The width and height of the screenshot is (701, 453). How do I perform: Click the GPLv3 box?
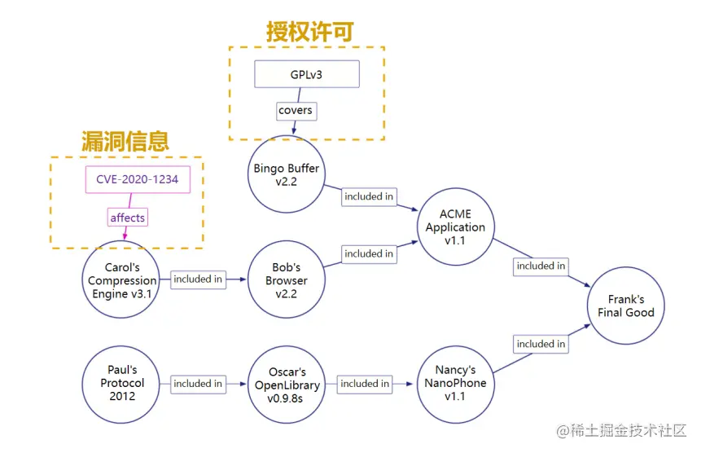(x=306, y=75)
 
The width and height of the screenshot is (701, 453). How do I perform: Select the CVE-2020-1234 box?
(x=138, y=179)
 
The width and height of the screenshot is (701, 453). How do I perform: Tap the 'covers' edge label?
(x=295, y=110)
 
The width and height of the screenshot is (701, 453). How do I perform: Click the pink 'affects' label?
(x=128, y=218)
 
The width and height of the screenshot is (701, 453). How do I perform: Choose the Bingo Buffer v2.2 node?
(x=286, y=175)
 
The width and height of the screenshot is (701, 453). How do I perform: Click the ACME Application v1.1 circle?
(x=455, y=227)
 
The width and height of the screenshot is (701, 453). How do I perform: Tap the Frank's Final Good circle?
(x=625, y=306)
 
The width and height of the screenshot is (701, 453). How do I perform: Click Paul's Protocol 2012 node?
(x=120, y=384)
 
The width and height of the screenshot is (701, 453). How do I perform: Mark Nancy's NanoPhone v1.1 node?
(x=454, y=384)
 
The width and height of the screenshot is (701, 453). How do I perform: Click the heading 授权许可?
(x=310, y=32)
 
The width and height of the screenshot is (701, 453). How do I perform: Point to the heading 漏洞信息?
(x=125, y=141)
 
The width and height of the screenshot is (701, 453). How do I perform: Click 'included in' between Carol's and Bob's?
(x=198, y=279)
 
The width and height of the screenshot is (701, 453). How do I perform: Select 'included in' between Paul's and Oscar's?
(x=198, y=384)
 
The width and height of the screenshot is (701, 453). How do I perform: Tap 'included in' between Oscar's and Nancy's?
(x=365, y=384)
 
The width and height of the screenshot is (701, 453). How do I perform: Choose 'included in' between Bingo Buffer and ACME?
(x=369, y=196)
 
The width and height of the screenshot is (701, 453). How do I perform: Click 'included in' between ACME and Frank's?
(x=541, y=266)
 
